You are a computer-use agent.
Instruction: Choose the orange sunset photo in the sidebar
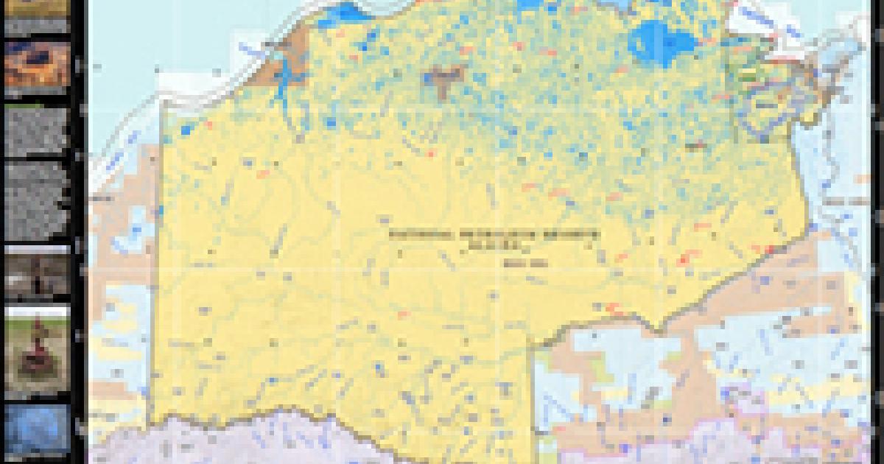(x=37, y=65)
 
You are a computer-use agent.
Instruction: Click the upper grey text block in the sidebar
(x=37, y=132)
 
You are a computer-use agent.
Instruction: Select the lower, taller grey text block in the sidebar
(x=37, y=200)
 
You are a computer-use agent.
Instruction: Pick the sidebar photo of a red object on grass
(x=37, y=352)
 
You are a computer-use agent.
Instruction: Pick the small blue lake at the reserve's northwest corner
(x=184, y=130)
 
